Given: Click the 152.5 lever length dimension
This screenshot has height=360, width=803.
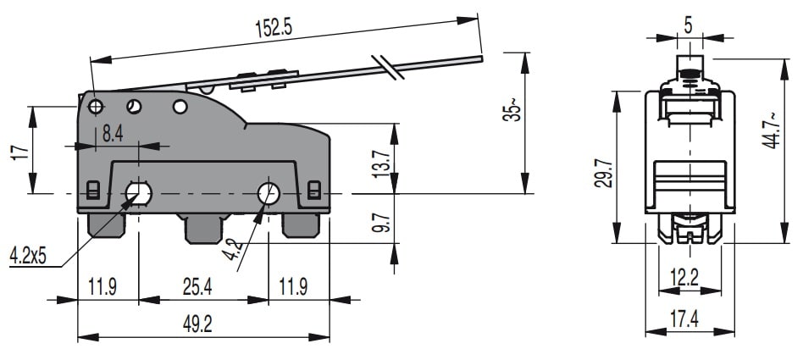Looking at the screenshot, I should pos(273,27).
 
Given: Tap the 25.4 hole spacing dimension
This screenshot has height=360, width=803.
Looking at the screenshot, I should pos(197,287).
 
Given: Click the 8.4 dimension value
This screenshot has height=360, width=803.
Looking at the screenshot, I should pos(114,133).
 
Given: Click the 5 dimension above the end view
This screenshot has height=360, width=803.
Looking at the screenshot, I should pos(688,26).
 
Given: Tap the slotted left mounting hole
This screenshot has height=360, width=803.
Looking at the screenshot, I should pos(137,194).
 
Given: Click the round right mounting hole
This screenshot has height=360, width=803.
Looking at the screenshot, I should pos(269,194).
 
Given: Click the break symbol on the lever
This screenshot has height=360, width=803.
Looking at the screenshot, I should pos(384,68).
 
